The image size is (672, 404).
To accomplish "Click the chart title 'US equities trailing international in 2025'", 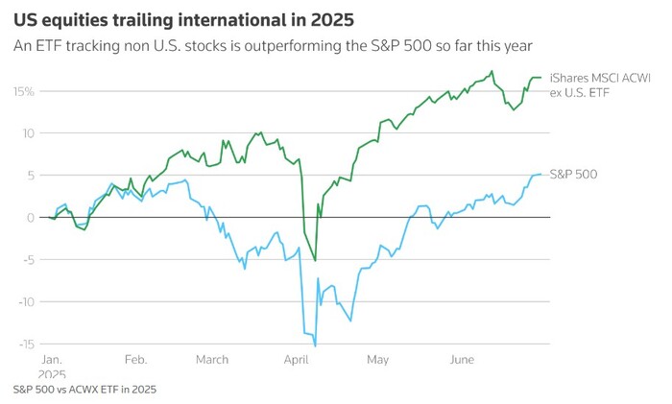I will pos(182,19).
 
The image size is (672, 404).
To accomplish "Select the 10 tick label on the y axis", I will pos(28,133).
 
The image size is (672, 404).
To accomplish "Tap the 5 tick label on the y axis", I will pos(31,176).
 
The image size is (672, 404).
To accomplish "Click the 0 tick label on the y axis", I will pos(31,218).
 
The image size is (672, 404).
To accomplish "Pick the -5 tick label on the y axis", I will pos(28,260).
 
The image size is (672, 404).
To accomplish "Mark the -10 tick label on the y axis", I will pos(24,302).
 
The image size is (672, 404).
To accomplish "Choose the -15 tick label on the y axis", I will pos(24,344).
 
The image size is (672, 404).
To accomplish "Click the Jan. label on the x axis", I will pos(51,360).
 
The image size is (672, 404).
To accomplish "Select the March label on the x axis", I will pos(212,360).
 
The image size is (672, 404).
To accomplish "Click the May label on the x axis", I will pos(377,360).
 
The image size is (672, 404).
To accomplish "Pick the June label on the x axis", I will pos(462,360).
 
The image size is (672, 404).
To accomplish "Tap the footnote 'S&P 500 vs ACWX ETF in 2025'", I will pos(84,390).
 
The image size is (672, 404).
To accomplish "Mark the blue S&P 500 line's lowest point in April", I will pos(315,345).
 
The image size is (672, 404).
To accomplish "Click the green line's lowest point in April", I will pos(315,260).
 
